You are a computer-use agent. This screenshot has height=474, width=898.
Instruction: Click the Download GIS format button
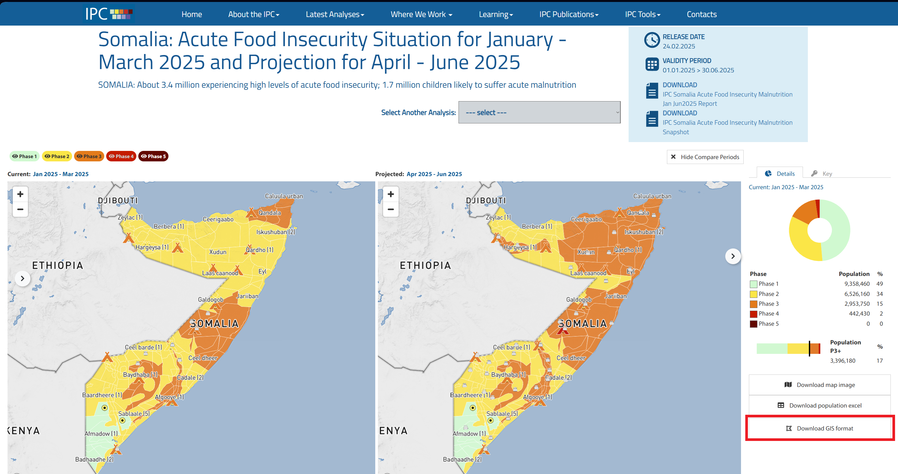click(x=820, y=428)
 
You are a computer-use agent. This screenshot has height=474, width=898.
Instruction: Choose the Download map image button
click(x=820, y=385)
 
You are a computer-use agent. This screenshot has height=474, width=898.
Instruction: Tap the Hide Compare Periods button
click(x=705, y=157)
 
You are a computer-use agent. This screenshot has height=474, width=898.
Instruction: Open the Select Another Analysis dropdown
click(x=539, y=113)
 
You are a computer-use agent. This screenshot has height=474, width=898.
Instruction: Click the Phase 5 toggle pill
click(x=153, y=156)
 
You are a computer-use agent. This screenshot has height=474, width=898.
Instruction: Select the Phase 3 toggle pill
click(x=89, y=156)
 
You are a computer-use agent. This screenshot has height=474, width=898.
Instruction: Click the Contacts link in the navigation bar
click(x=701, y=14)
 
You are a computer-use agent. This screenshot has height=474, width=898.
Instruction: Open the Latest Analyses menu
click(x=335, y=14)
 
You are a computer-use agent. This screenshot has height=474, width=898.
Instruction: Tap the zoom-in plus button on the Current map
click(x=20, y=194)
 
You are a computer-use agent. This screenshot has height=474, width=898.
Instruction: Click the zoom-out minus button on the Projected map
click(x=390, y=209)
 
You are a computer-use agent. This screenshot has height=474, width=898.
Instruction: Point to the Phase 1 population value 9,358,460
click(x=856, y=284)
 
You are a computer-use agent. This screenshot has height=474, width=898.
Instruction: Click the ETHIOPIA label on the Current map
click(x=58, y=265)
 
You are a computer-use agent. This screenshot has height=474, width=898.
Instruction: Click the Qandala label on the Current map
click(x=269, y=213)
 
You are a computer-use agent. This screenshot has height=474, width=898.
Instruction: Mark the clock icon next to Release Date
click(x=652, y=40)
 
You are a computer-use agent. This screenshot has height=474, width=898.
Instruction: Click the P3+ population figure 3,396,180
click(x=842, y=360)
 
